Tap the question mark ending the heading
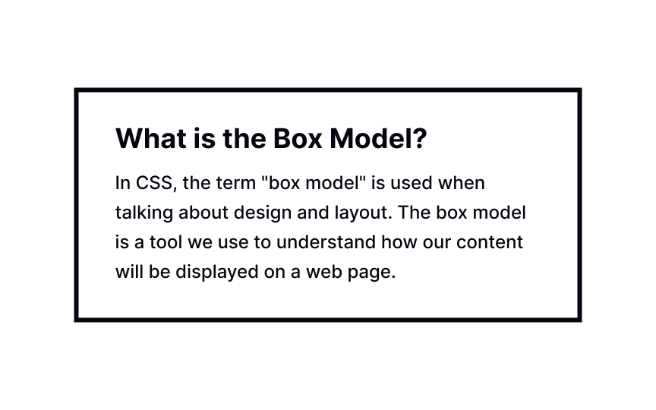(419, 139)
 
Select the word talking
(142, 213)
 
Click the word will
(127, 272)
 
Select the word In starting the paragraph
(123, 184)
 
